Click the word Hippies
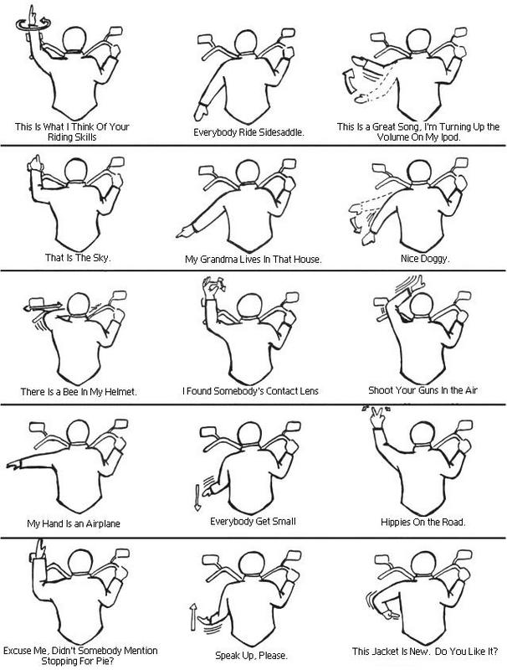pyautogui.click(x=390, y=521)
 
